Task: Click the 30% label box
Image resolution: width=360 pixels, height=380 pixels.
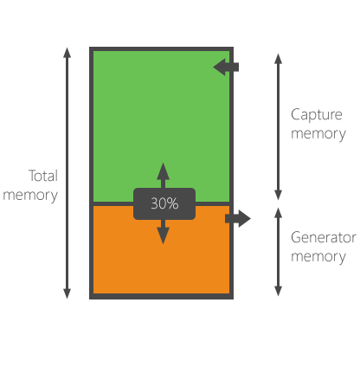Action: coord(164,204)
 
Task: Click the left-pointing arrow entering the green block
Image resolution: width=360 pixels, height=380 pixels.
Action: coord(225,67)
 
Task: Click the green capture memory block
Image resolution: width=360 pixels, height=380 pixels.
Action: coord(161,113)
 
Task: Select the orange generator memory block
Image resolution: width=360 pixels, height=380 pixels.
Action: coord(161,260)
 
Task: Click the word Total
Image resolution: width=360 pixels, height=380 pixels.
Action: coord(43,176)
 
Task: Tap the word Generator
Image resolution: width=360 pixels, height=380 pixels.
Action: coord(323,238)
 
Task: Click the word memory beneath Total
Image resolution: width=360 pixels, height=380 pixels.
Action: coord(30,195)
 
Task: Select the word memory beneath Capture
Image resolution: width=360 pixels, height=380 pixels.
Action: coord(318,134)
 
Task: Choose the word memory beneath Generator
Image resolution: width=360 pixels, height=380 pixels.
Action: coord(318,257)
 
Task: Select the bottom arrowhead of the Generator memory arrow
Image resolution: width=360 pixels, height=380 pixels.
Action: coord(278,292)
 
